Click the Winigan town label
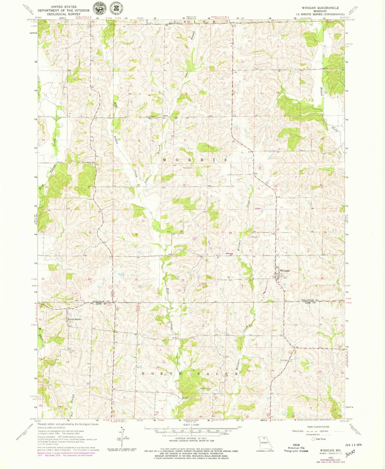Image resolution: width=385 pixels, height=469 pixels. coord(285,271)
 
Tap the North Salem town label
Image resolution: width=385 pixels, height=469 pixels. coord(74,319)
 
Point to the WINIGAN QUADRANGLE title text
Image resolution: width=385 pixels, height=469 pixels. coord(317,8)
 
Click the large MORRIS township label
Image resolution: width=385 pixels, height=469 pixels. coord(195,160)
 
